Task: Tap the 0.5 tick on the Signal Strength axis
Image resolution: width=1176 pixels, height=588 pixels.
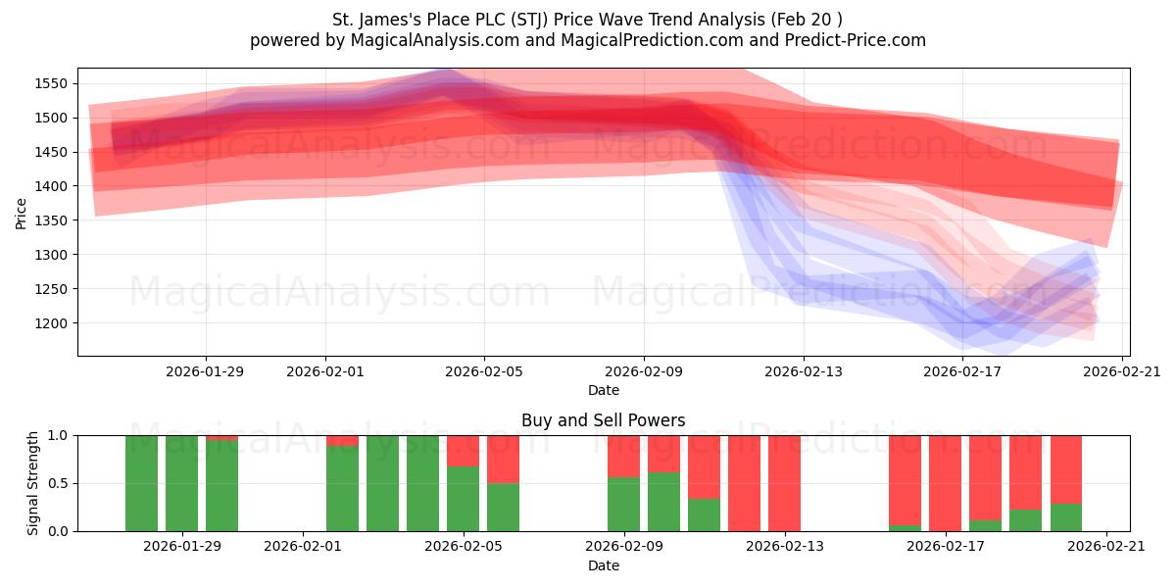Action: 58,483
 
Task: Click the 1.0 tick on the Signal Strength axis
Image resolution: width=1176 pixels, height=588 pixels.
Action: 58,435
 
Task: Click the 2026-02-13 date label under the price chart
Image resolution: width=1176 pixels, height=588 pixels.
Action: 803,371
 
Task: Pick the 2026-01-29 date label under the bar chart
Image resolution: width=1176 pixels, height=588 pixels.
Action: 182,546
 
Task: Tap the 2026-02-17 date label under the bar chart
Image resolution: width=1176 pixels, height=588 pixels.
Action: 946,546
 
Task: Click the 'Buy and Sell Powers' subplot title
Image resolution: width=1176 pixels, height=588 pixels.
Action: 603,420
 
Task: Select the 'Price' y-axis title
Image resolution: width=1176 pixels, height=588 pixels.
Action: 22,213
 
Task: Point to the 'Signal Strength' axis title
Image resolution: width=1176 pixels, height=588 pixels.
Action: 33,483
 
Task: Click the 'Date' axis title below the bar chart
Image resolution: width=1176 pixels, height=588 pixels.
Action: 603,565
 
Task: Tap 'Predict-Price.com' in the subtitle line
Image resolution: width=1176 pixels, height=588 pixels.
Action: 857,40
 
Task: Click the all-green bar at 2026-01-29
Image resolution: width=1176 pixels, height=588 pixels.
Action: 182,483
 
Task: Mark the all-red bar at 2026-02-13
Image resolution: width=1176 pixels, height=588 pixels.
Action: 784,483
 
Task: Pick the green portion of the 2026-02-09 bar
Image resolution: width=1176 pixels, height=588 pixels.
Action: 623,505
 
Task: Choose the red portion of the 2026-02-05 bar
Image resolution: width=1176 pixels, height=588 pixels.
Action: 463,450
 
